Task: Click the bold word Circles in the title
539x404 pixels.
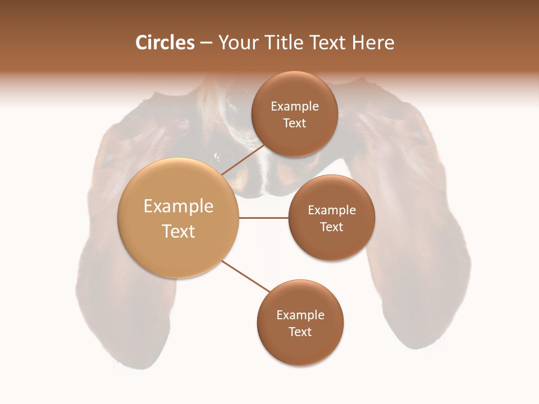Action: click(165, 43)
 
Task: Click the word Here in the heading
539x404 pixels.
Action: click(373, 43)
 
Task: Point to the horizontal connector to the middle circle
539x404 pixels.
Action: click(263, 218)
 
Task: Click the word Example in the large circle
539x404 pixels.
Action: click(179, 206)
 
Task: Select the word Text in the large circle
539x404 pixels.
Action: click(179, 231)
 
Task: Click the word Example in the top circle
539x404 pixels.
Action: click(295, 106)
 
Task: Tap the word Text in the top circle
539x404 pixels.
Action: click(294, 123)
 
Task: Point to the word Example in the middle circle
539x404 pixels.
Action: click(332, 210)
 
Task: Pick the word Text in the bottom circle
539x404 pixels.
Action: click(300, 332)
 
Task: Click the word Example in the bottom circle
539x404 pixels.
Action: click(300, 315)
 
